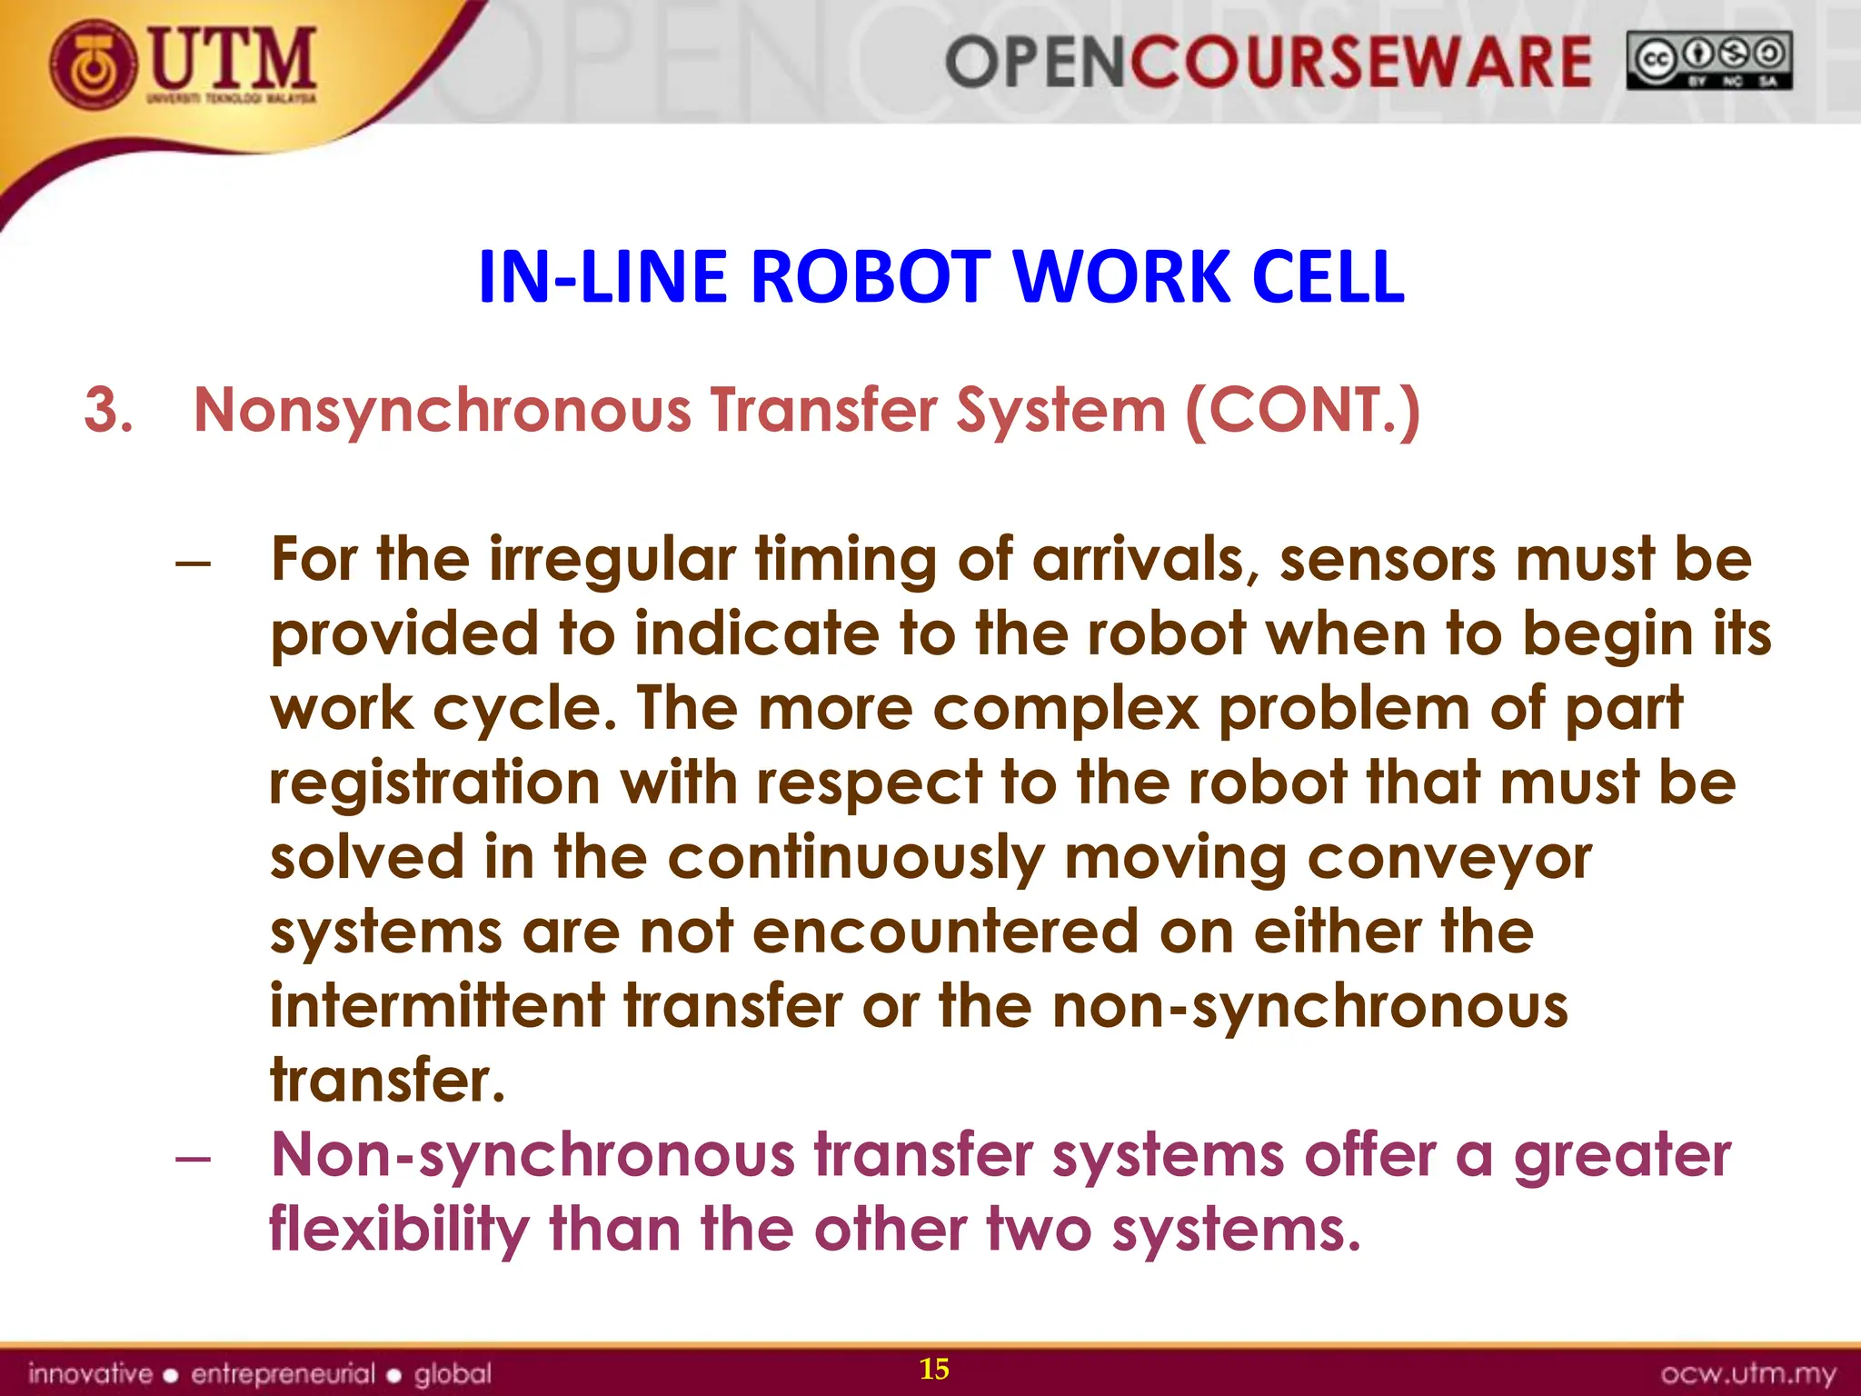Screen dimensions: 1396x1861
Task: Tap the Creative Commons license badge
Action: tap(1708, 60)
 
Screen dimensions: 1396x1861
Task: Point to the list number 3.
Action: tap(107, 410)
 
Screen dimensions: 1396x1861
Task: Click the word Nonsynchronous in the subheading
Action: tap(443, 410)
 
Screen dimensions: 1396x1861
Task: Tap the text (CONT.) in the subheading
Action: tap(1302, 410)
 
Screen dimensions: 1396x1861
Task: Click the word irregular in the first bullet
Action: tap(612, 559)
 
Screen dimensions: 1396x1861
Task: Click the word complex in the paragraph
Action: tap(1066, 708)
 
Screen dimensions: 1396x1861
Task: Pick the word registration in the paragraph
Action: tap(434, 783)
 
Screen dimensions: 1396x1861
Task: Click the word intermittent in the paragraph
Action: tap(437, 1006)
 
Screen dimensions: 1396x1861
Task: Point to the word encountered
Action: tap(945, 932)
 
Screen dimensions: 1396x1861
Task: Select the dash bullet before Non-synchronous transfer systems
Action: tap(194, 1159)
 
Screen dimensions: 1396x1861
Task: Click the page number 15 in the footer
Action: tap(934, 1369)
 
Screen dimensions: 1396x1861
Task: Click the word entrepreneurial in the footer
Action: tap(283, 1373)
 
